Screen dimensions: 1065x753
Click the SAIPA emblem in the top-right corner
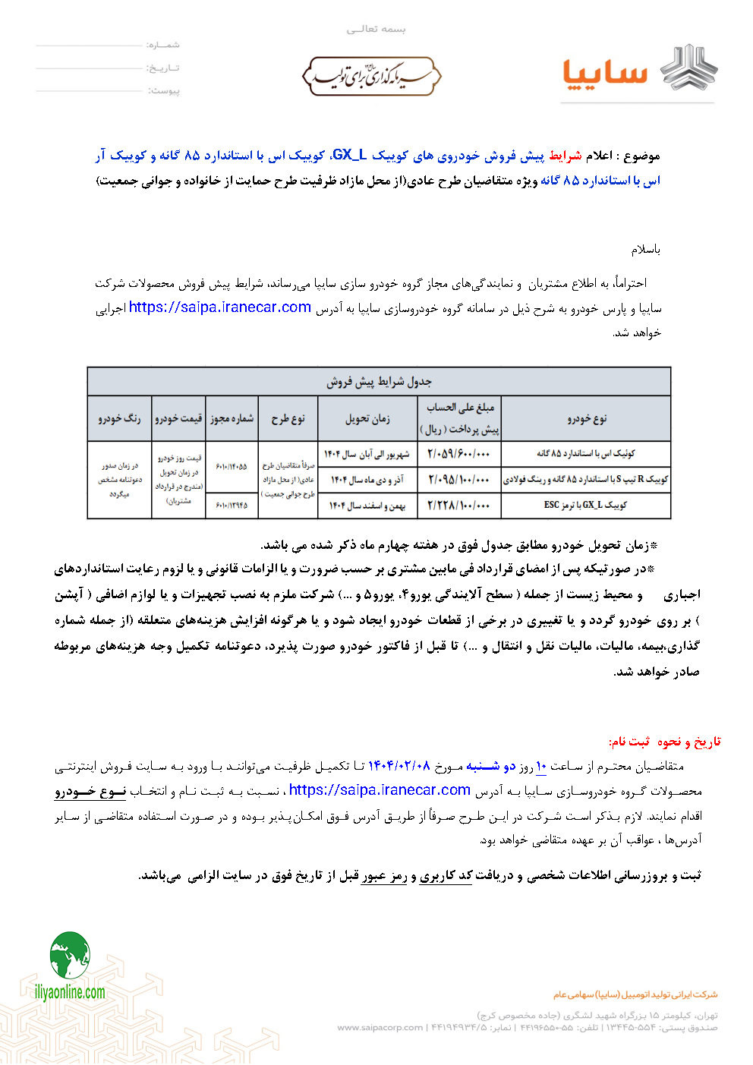tap(688, 68)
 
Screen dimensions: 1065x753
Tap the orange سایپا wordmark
tap(605, 74)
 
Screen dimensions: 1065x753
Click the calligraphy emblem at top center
tap(372, 76)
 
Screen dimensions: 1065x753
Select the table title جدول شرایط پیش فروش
tap(379, 382)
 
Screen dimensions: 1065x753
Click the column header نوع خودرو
tap(586, 418)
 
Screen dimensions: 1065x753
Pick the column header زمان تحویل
tap(367, 418)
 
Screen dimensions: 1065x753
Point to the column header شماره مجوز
tap(232, 418)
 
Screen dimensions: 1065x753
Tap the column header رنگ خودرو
tap(120, 418)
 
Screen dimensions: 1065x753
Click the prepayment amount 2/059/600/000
tap(458, 454)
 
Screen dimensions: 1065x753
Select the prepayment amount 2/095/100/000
tap(458, 480)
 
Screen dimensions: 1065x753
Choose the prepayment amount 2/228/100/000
tap(458, 506)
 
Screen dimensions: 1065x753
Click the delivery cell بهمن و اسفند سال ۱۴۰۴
tap(367, 506)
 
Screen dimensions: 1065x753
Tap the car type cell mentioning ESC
tap(585, 505)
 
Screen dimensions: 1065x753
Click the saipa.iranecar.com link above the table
tap(220, 307)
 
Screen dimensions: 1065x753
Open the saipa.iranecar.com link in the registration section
tap(380, 790)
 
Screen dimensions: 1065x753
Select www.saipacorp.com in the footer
tap(380, 1028)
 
